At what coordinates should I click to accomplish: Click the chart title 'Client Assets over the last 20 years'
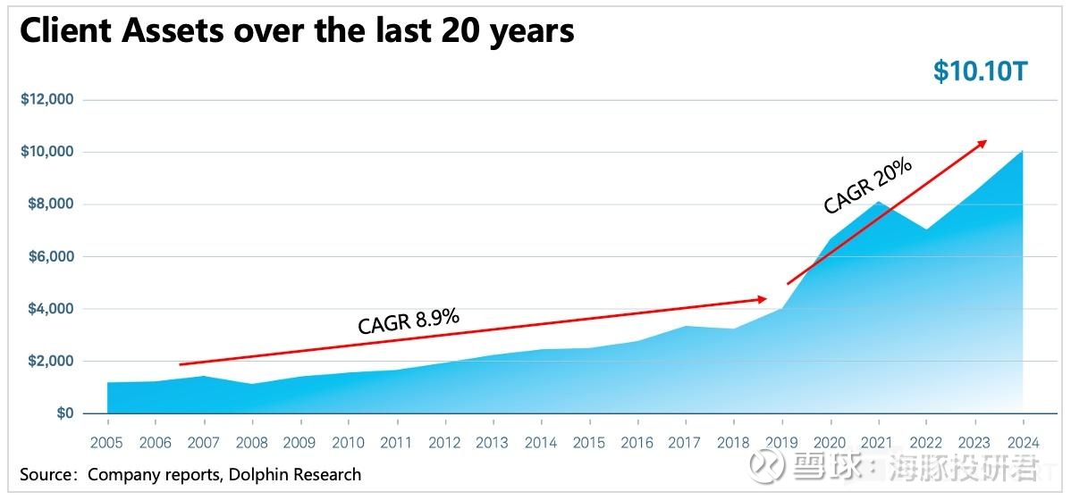[x=296, y=31]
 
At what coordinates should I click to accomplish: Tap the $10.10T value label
[x=981, y=71]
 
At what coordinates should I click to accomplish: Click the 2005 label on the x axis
[x=107, y=443]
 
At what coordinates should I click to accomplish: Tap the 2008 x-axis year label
[x=251, y=443]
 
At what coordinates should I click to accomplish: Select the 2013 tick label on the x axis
[x=493, y=443]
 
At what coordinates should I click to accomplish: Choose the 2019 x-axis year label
[x=781, y=443]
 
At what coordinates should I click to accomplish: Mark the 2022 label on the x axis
[x=926, y=443]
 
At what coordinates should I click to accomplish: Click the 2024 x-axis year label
[x=1023, y=443]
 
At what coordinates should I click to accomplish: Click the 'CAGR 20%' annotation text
[x=867, y=187]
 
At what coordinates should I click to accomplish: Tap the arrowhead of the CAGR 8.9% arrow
[x=762, y=298]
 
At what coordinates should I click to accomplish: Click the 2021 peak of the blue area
[x=878, y=203]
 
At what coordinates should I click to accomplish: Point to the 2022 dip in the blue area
[x=926, y=230]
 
